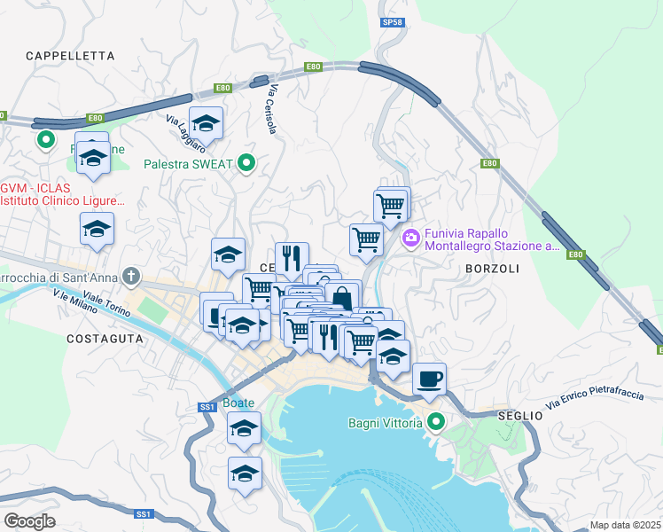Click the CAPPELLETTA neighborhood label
[70, 55]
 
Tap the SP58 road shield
[391, 20]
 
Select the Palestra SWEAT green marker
[248, 163]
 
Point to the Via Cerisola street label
[272, 111]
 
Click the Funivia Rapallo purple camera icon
[410, 238]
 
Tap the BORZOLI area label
[490, 267]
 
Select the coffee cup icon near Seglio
[430, 379]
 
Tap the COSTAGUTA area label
[105, 339]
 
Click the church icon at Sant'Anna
[132, 277]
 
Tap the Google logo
[29, 520]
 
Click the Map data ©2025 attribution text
[624, 525]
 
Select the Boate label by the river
[238, 402]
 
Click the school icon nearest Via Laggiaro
[206, 123]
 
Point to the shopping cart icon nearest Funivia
[391, 205]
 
